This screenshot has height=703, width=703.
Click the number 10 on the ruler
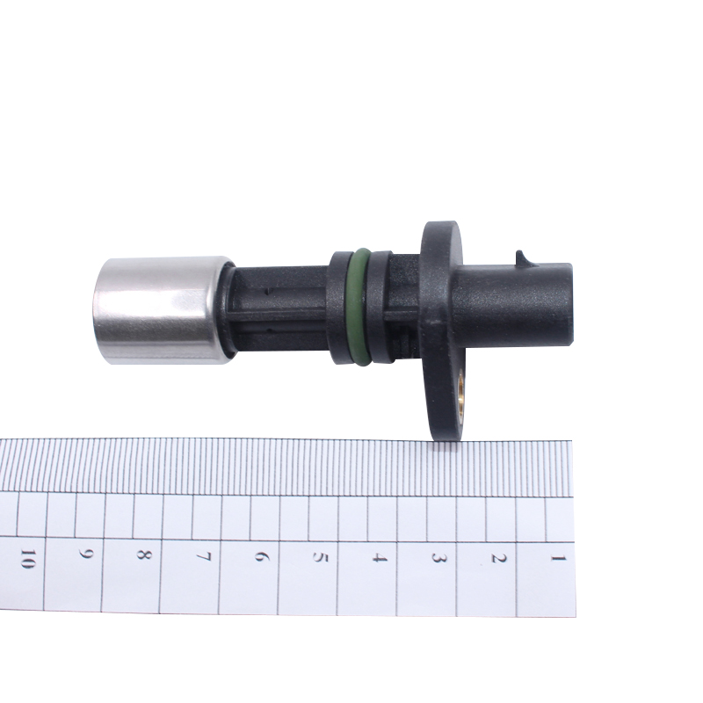click(x=28, y=559)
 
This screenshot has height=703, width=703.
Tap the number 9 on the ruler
click(x=85, y=554)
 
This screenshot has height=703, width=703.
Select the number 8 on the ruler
click(x=144, y=555)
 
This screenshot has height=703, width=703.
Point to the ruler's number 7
click(x=203, y=556)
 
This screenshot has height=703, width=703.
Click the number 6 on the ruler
click(x=261, y=556)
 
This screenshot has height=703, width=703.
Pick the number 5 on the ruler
click(x=320, y=557)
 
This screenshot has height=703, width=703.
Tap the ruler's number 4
click(x=380, y=558)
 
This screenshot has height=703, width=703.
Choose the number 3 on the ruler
click(x=438, y=558)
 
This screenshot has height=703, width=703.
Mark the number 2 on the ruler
click(x=498, y=559)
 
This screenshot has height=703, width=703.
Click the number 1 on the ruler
click(x=558, y=558)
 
